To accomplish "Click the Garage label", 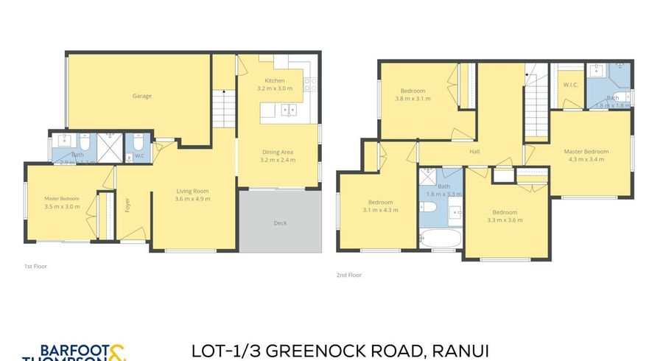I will (141, 96).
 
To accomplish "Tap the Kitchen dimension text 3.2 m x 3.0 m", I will (275, 88).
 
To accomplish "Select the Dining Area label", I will (278, 153).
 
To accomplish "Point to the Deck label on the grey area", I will (280, 222).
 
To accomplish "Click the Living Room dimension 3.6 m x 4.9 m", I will (192, 199).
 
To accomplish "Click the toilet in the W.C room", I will (138, 147).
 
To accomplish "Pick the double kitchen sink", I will (288, 111).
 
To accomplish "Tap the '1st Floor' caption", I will (35, 266).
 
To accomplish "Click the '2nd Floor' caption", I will (349, 275).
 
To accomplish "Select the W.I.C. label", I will (570, 85).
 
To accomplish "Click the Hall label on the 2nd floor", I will (475, 152).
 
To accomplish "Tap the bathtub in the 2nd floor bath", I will (440, 239).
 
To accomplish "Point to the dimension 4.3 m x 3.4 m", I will (584, 159).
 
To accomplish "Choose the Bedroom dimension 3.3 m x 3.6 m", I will (505, 220).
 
